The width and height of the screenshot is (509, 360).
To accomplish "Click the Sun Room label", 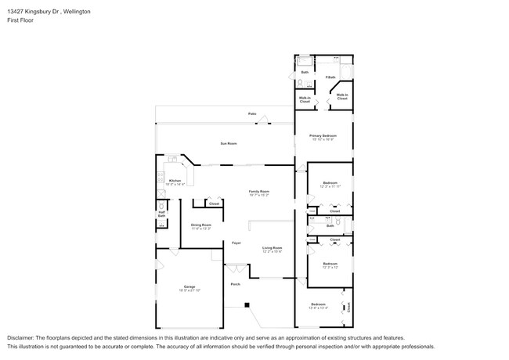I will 229,145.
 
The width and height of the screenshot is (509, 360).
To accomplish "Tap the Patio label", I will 252,114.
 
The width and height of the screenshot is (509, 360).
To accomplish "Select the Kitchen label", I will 175,181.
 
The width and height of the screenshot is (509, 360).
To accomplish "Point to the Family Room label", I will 259,192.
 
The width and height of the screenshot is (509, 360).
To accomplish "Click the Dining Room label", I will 201,225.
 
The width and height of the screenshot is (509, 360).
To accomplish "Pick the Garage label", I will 189,286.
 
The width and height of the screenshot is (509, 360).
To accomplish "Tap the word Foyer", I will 236,243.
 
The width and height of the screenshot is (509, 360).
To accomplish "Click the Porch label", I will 235,284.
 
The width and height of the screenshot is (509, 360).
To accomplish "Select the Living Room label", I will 272,248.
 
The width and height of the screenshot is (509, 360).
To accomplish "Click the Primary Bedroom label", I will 323,136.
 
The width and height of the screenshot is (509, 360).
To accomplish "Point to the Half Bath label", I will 161,214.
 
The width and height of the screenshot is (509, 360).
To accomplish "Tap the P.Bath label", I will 331,77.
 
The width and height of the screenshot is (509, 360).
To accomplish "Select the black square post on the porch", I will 246,304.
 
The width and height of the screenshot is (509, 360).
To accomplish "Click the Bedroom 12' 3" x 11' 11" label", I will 330,184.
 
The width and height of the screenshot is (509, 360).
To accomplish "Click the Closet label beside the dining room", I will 213,204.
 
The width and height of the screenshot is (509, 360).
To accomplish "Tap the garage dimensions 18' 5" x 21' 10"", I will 189,290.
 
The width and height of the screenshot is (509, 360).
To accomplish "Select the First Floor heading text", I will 18,20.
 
